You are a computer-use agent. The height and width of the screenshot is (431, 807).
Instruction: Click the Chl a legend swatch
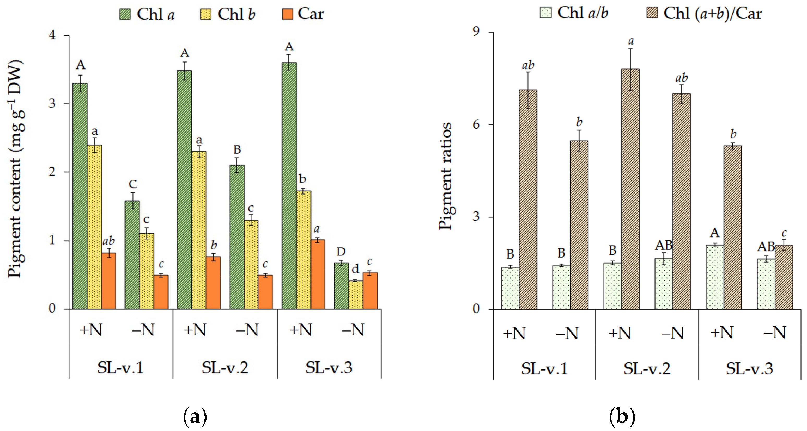(125, 14)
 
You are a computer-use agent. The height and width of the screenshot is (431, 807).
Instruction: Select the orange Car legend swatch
(287, 14)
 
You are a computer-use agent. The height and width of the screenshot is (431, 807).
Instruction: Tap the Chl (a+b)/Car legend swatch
(652, 13)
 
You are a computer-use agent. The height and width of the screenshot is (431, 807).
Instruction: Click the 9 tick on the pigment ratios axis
(476, 32)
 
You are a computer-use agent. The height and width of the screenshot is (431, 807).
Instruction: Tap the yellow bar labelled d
(356, 295)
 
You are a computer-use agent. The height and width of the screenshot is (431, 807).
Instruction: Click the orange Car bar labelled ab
(108, 281)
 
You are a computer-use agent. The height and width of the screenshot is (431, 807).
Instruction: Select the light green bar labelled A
(715, 277)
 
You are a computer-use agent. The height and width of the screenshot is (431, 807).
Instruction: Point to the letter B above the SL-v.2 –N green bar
(237, 150)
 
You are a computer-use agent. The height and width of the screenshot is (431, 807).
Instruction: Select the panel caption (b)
(622, 417)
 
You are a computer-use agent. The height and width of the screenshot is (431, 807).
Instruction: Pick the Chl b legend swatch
(205, 14)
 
